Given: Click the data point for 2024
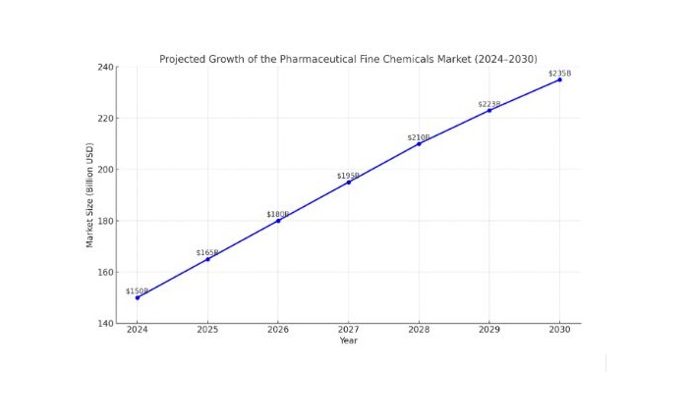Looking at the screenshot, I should (137, 297).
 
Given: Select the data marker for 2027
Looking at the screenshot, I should (348, 183).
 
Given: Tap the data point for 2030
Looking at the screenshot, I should (560, 79).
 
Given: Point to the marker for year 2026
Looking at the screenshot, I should (278, 221).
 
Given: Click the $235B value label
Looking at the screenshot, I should (559, 74).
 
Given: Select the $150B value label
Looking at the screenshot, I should (137, 291).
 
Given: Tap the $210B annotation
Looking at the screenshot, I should (419, 137).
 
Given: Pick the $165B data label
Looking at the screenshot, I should (207, 253).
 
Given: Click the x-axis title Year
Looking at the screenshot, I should (348, 341).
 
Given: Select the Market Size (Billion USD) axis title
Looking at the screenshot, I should (89, 195).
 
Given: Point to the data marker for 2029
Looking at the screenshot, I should (489, 110).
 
